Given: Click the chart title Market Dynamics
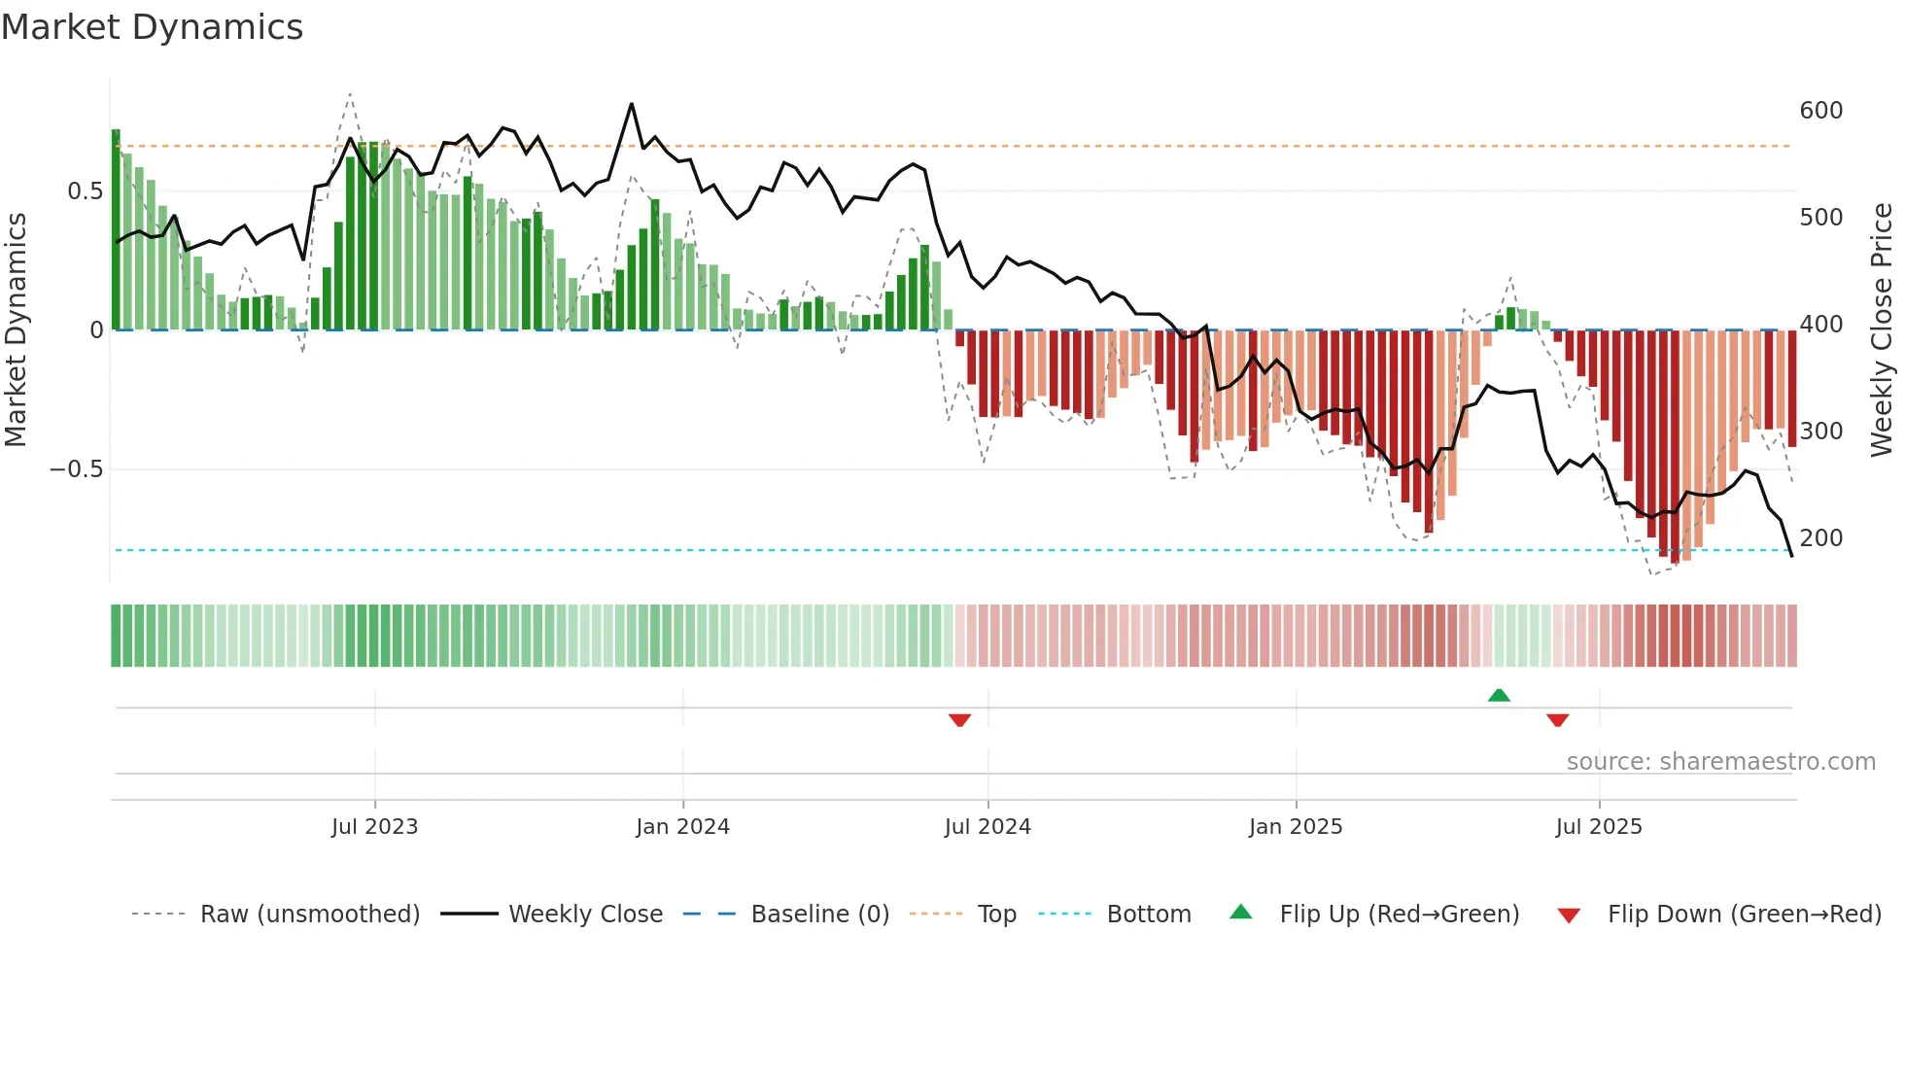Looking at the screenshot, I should tap(152, 27).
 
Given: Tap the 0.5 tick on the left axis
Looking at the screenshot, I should tap(85, 191).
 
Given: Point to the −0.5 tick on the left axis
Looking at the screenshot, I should tap(77, 469).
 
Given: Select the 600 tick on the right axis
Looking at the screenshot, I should tap(1820, 111).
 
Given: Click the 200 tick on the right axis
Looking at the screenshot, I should tap(1820, 538).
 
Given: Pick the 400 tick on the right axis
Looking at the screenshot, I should tap(1820, 325).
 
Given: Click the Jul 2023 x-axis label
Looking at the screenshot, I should tap(374, 827).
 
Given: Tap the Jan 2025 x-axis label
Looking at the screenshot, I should tap(1295, 827).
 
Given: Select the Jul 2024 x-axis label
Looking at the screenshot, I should tap(987, 827).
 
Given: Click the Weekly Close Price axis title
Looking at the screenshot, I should tap(1882, 330).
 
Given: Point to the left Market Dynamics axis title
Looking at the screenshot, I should tap(16, 330).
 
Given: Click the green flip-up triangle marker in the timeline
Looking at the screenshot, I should tap(1499, 695).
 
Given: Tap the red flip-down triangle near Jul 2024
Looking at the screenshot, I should tap(959, 720).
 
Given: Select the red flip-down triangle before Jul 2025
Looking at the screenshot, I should tap(1557, 720).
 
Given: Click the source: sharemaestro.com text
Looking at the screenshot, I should tap(1720, 762).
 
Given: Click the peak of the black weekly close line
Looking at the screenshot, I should tap(632, 103).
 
